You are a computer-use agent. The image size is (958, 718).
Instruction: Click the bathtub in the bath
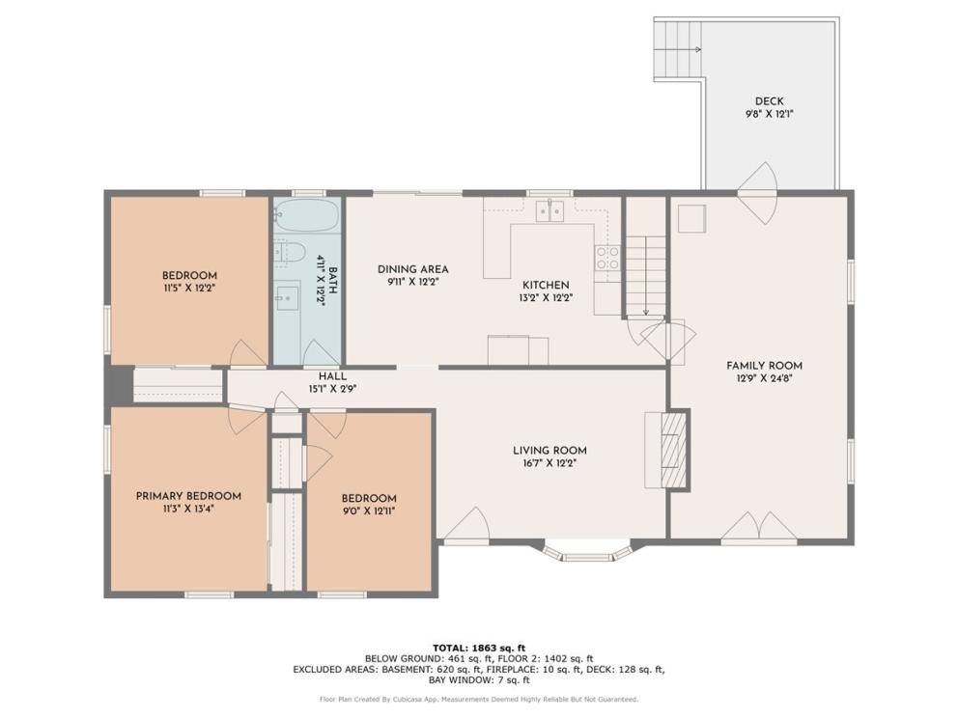click(x=306, y=215)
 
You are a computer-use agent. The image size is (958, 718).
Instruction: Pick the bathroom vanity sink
click(x=286, y=298)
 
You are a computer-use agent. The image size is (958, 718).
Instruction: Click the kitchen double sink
click(x=549, y=211)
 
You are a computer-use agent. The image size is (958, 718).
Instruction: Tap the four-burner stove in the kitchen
click(x=607, y=257)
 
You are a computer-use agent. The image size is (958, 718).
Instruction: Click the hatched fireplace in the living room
click(x=673, y=450)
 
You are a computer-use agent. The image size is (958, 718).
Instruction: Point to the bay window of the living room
click(x=587, y=551)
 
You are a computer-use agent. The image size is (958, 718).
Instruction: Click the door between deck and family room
click(x=757, y=194)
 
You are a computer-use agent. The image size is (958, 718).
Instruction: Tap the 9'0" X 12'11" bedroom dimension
click(x=368, y=511)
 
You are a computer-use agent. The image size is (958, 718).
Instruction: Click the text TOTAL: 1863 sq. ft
click(x=479, y=648)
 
